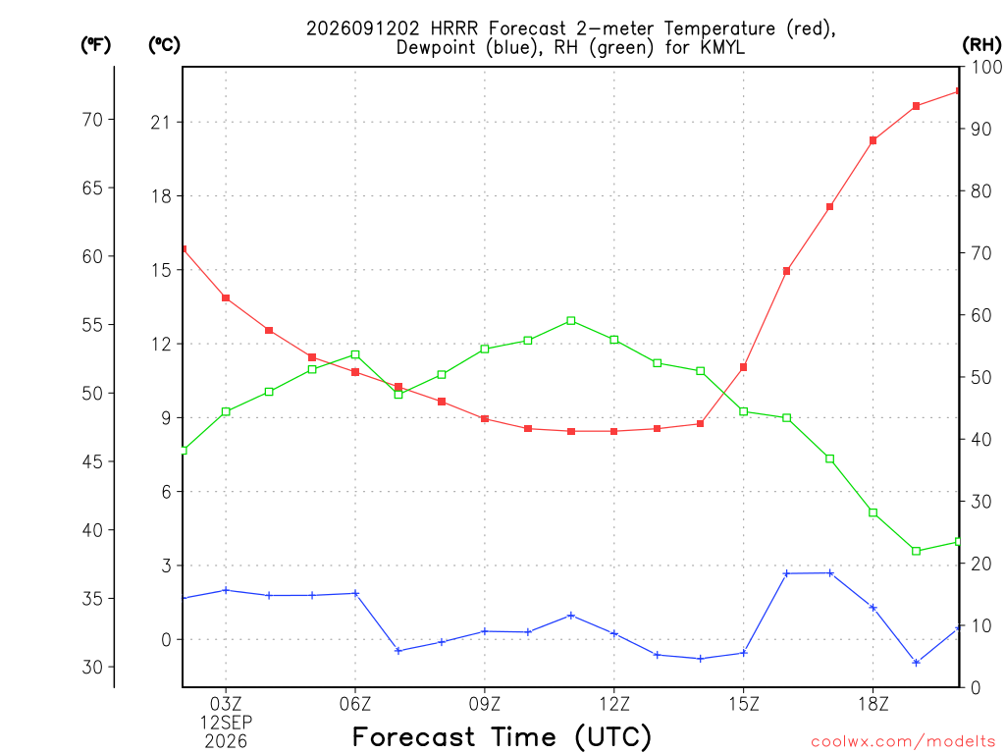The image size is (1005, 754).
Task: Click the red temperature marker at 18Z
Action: click(x=873, y=140)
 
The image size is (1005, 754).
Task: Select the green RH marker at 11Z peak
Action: click(x=571, y=321)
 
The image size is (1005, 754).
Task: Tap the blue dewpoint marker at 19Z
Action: click(x=916, y=663)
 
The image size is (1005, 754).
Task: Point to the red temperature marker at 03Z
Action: click(x=226, y=298)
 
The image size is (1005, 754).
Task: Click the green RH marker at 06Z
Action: click(x=355, y=354)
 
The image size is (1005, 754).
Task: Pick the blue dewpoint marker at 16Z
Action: click(x=786, y=573)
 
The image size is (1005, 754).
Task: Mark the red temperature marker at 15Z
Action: click(x=744, y=367)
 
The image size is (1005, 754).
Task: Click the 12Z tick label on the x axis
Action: click(x=614, y=704)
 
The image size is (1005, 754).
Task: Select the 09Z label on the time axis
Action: click(x=485, y=704)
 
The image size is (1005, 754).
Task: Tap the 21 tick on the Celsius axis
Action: click(x=161, y=122)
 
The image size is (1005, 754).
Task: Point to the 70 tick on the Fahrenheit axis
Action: click(x=92, y=119)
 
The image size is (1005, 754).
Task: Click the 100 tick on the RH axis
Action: click(x=987, y=67)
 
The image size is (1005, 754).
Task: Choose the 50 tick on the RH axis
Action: click(x=980, y=377)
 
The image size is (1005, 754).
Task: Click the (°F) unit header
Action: click(x=95, y=45)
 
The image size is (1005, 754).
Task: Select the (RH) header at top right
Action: click(x=981, y=45)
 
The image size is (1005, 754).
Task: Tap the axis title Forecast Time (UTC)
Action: click(x=502, y=736)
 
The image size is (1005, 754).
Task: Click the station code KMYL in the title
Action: click(x=722, y=47)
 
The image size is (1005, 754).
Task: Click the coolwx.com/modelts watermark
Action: click(x=903, y=741)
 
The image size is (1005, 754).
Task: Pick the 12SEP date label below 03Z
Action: click(x=226, y=723)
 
